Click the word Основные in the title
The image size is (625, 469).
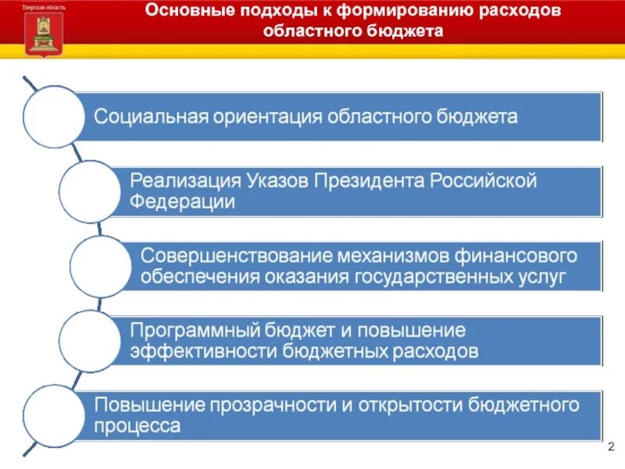pyautogui.click(x=181, y=12)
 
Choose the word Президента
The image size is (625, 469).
pyautogui.click(x=366, y=181)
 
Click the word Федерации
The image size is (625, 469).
pyautogui.click(x=183, y=202)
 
